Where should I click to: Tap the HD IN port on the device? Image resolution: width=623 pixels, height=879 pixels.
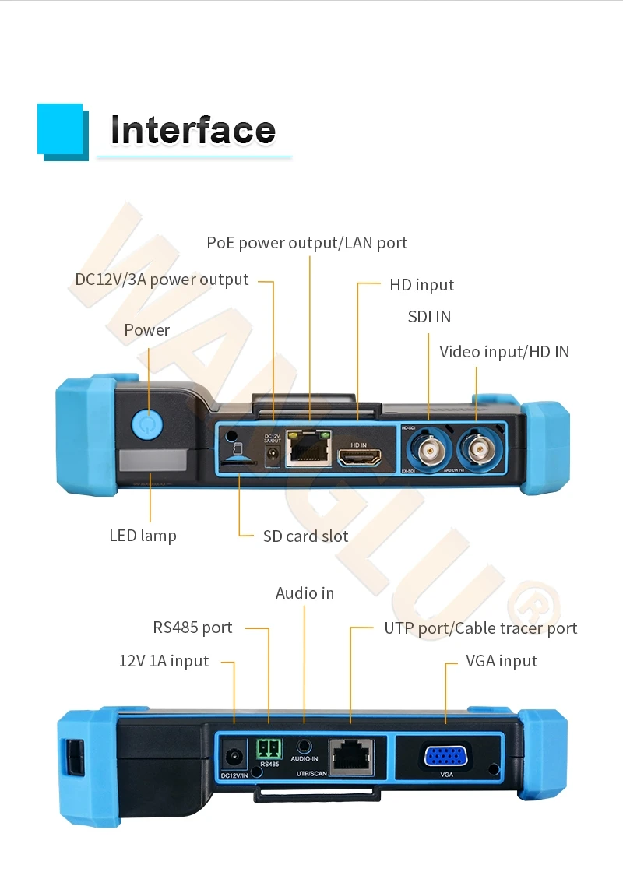click(x=359, y=458)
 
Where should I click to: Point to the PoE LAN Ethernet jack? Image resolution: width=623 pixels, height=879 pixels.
click(x=308, y=448)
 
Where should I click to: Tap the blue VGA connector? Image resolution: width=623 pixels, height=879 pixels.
click(x=445, y=756)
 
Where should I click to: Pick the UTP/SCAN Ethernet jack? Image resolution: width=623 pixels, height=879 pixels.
click(x=351, y=755)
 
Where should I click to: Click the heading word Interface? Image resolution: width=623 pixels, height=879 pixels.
click(x=193, y=130)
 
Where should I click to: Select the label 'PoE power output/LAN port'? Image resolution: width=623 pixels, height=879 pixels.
click(x=307, y=243)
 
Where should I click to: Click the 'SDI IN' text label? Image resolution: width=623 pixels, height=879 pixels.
click(x=429, y=317)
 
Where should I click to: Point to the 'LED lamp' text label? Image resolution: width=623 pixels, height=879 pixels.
click(x=143, y=536)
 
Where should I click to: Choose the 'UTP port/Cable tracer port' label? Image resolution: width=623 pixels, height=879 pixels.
click(x=480, y=628)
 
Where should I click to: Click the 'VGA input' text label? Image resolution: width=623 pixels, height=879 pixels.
click(x=502, y=661)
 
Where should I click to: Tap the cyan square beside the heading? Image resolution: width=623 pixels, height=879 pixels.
click(x=60, y=128)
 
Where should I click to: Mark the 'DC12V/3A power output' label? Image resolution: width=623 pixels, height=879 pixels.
click(x=162, y=280)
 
